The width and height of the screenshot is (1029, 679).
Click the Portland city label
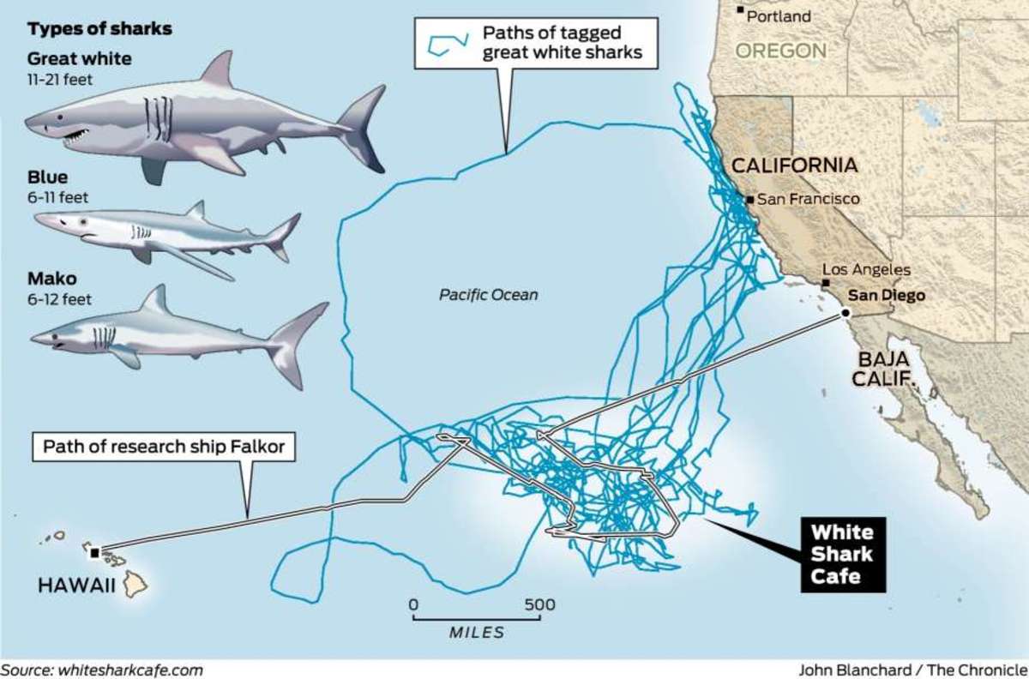coord(779,16)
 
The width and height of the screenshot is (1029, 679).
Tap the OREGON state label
coord(780,51)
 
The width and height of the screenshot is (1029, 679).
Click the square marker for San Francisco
coord(750,200)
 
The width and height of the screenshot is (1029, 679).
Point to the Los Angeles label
coord(866,270)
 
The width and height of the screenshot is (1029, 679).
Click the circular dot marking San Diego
coord(845,314)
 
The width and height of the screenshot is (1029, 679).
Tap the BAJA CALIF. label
coord(882,369)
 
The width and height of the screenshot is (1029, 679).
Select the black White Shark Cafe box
coord(842,555)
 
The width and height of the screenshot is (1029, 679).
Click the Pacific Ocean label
coord(489,295)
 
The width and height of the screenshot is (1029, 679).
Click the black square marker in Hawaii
coord(94,552)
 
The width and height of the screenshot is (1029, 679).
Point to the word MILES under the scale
coord(477,633)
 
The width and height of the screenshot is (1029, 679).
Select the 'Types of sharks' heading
coord(99,29)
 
